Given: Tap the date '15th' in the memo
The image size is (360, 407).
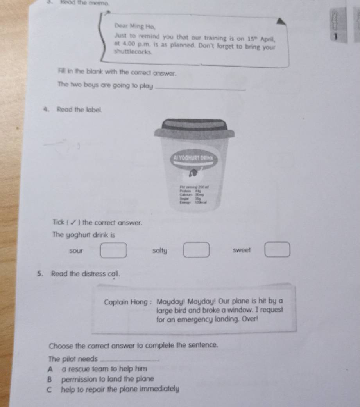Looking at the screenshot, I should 251,39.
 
